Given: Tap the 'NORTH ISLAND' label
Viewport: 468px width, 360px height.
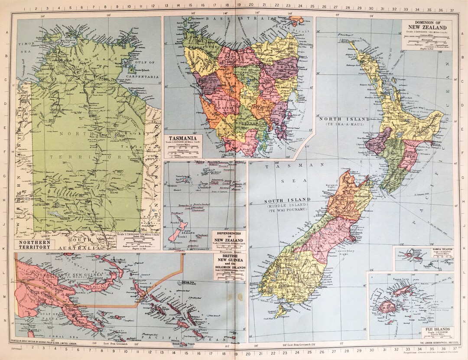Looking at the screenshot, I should click(x=344, y=119).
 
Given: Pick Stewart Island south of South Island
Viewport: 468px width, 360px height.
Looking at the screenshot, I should click(x=281, y=311).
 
